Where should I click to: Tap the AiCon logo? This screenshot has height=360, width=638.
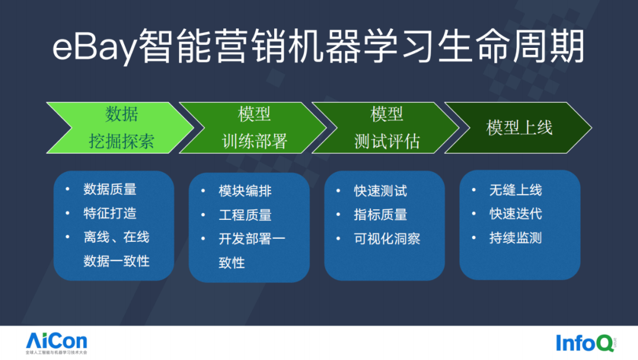coord(56,342)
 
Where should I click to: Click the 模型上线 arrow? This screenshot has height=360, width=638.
coord(519,128)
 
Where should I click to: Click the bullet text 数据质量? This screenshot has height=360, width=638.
coord(110,189)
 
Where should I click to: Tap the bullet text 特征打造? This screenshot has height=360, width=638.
coord(110,213)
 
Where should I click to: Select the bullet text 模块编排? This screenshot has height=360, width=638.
coord(245,191)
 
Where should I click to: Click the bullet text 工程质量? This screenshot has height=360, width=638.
coord(245,215)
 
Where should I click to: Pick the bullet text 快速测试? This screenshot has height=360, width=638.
coord(380,191)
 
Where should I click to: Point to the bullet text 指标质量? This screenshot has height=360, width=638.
coord(380,215)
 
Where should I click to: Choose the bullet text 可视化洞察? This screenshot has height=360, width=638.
coord(387,239)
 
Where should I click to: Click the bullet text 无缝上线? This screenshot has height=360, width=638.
coord(516,190)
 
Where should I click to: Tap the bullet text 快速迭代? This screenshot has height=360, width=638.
coord(516,214)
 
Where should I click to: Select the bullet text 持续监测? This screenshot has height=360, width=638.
coord(516,238)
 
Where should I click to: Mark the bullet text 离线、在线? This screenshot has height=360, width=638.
coord(116,237)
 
